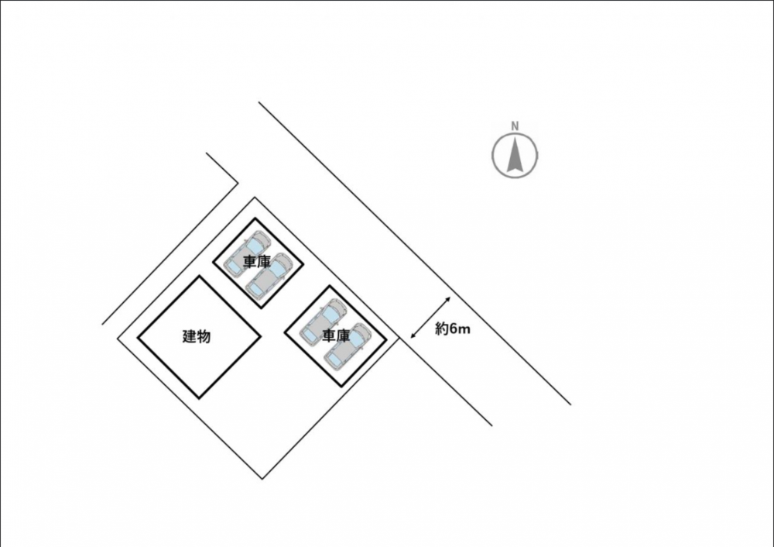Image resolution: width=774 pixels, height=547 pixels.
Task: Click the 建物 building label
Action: click(197, 336)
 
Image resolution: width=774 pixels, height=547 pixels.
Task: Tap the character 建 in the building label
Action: click(190, 336)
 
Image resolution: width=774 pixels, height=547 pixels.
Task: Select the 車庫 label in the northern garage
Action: click(257, 263)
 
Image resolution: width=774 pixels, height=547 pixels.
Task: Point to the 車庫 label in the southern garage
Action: click(336, 335)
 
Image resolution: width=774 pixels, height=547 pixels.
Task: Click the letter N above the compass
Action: click(515, 126)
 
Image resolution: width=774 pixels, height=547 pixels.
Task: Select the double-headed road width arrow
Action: click(430, 318)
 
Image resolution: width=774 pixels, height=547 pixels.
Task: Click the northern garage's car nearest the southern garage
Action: click(268, 277)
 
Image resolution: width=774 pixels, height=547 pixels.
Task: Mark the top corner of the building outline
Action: click(200, 277)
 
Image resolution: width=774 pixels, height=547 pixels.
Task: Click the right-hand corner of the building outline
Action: click(261, 336)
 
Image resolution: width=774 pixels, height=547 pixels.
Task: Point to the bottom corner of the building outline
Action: click(200, 397)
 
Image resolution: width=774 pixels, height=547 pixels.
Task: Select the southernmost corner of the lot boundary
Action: click(262, 479)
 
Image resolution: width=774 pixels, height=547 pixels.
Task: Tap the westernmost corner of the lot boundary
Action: click(118, 339)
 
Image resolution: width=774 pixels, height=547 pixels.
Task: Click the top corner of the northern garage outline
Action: click(255, 219)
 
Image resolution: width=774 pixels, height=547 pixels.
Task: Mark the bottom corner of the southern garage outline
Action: click(341, 386)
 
